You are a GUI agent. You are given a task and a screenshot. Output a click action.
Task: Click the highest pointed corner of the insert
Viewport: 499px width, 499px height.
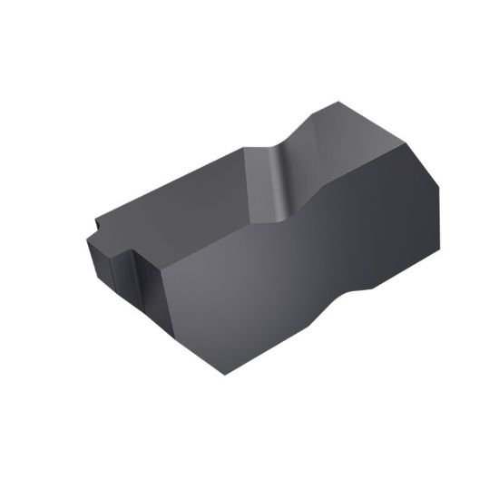(x=338, y=103)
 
